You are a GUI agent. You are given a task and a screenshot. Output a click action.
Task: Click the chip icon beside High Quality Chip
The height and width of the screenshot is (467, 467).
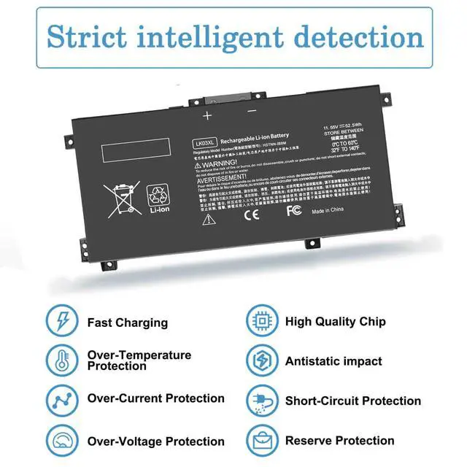pos(260,320)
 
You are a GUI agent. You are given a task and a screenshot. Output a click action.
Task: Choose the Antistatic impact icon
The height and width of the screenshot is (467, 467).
pos(260,360)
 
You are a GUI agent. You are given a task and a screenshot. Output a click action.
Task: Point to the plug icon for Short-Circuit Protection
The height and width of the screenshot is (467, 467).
pos(260,400)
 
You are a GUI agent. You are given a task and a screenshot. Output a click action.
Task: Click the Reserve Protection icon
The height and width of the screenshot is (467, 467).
pos(260,439)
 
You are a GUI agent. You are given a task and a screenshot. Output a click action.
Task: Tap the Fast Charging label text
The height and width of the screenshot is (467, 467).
pos(127,323)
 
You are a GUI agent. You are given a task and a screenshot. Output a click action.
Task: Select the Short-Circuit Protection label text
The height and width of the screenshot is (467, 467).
pos(352,401)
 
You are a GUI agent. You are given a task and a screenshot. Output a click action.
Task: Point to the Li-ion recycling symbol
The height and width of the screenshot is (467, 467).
pos(158,198)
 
